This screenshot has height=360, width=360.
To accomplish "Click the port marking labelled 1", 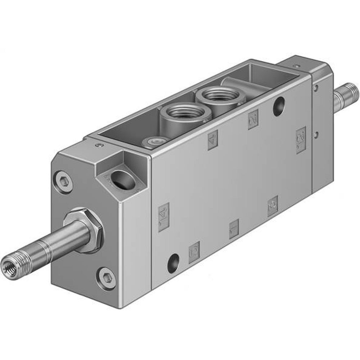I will tap(234, 229).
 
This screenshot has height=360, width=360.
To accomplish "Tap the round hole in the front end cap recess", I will tap(123, 180).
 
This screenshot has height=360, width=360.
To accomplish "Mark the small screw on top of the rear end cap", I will tap(296, 66).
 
